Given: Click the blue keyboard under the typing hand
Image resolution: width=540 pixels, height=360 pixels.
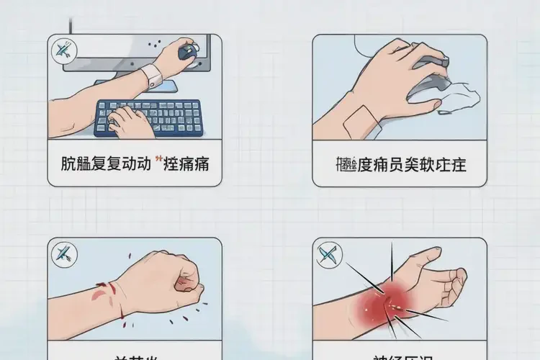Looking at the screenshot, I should click(150, 117).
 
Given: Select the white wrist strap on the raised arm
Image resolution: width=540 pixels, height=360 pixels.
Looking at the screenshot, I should click(152, 73).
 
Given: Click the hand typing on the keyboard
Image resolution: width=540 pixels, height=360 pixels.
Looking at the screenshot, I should click(132, 121).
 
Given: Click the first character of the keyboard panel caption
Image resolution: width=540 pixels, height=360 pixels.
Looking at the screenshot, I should click(68, 164).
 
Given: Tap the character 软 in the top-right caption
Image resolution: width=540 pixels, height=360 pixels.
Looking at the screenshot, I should click(439, 164).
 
